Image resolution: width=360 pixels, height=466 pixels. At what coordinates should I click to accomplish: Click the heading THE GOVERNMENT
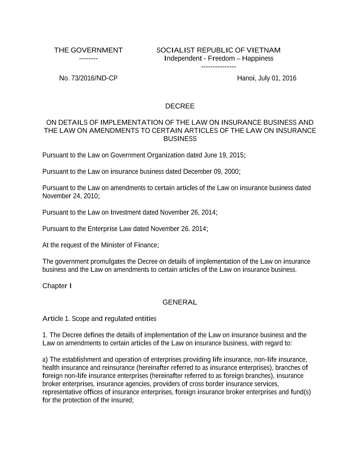[88, 50]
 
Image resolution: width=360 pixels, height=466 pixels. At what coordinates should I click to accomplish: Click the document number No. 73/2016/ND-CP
[88, 78]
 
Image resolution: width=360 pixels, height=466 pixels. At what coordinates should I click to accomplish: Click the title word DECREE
[180, 106]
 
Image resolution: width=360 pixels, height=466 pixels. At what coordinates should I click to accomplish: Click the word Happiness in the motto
[258, 58]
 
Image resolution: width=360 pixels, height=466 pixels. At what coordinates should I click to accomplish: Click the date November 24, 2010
[70, 196]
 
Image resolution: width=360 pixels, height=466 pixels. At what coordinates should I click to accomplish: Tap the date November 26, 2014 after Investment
[188, 212]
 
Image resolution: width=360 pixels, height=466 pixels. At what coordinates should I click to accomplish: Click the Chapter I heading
[57, 286]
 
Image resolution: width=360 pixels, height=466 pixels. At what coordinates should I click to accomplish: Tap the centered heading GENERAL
[180, 302]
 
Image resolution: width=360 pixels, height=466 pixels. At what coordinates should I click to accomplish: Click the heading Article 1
[56, 319]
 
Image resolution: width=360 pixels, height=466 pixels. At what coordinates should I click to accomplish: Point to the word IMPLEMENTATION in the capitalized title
[131, 122]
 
